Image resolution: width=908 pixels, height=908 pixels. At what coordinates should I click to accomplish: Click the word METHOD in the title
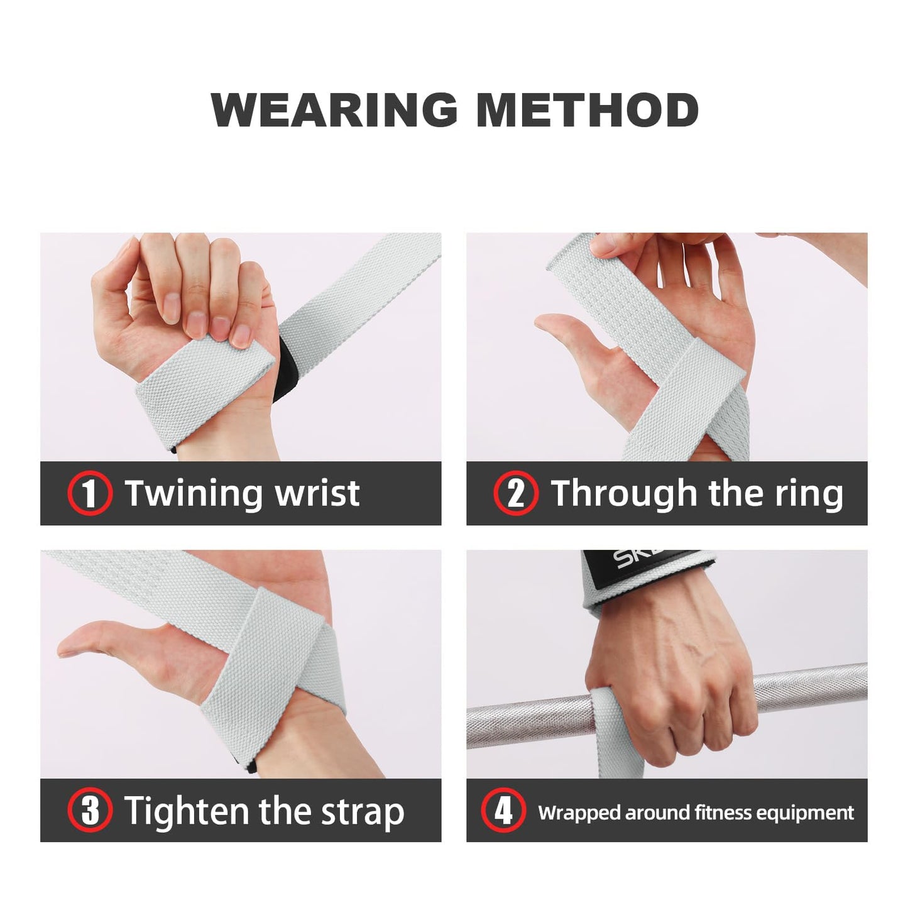(x=587, y=110)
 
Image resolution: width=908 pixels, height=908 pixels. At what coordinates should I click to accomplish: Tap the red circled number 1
(x=90, y=493)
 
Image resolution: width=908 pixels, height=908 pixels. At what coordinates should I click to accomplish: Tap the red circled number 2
(x=516, y=493)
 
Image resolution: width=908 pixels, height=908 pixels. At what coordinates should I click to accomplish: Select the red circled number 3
(x=90, y=810)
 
